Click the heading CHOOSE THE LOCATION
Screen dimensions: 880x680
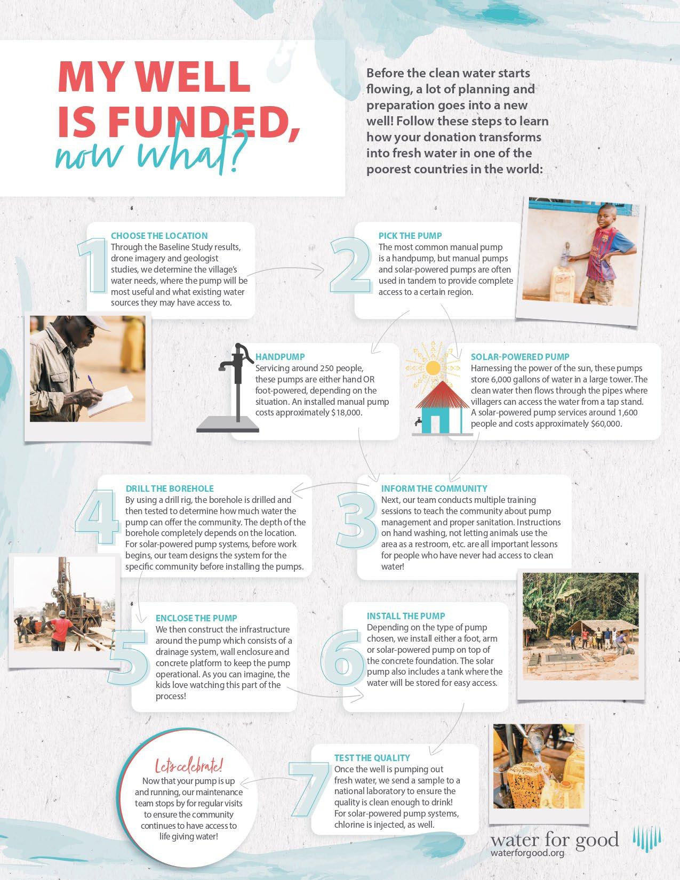coord(159,236)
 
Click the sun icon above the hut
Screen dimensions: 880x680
coord(433,367)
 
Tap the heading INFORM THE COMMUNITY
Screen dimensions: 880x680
coord(434,489)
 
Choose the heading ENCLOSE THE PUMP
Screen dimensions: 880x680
coord(196,618)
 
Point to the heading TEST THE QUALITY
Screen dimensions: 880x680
coord(372,758)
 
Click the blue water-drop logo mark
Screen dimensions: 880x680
coord(647,841)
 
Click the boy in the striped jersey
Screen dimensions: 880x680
coord(605,251)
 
